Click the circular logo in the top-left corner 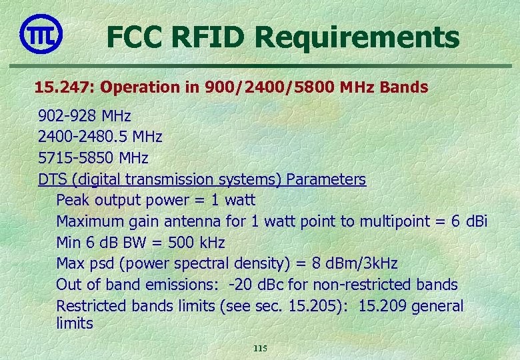[x=41, y=33]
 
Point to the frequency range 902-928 [x=67, y=115]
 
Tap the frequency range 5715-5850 [x=75, y=158]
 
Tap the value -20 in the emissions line [x=239, y=285]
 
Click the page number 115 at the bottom [x=260, y=349]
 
